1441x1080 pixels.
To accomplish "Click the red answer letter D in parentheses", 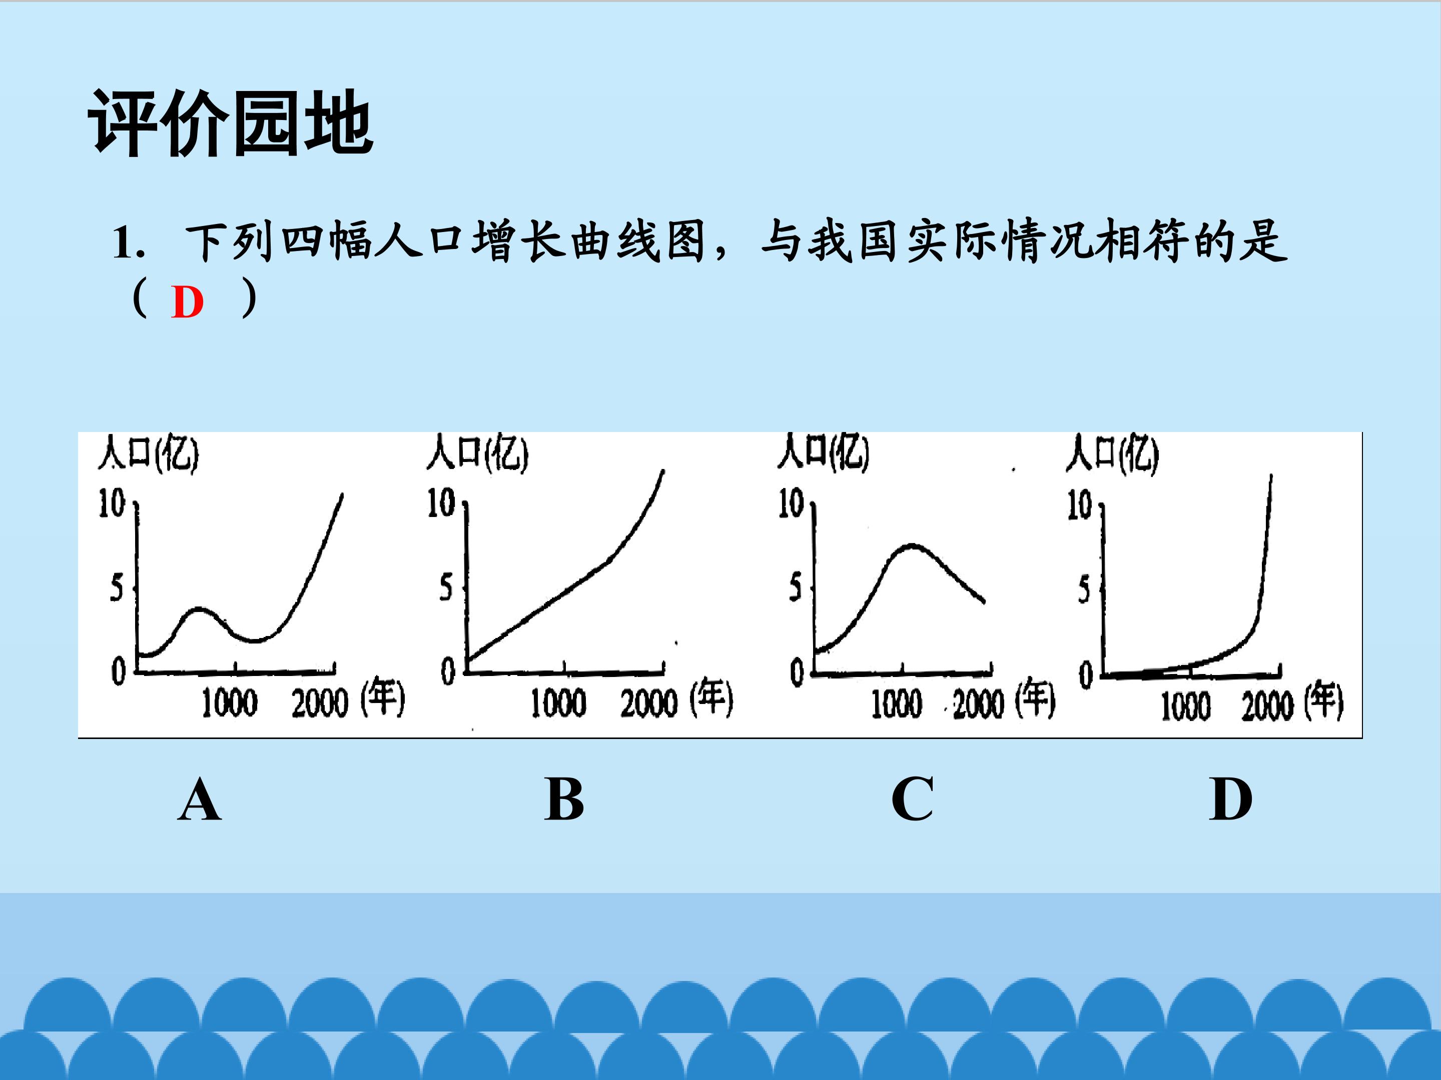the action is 187,302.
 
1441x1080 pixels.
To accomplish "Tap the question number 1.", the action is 128,243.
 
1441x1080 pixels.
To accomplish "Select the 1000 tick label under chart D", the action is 1186,707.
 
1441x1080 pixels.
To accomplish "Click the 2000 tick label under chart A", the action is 320,703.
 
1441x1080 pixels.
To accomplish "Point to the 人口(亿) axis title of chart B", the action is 477,452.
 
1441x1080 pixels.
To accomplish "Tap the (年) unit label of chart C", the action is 1036,699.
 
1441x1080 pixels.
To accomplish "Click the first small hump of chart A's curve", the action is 199,610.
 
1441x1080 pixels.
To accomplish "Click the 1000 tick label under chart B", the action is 558,703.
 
